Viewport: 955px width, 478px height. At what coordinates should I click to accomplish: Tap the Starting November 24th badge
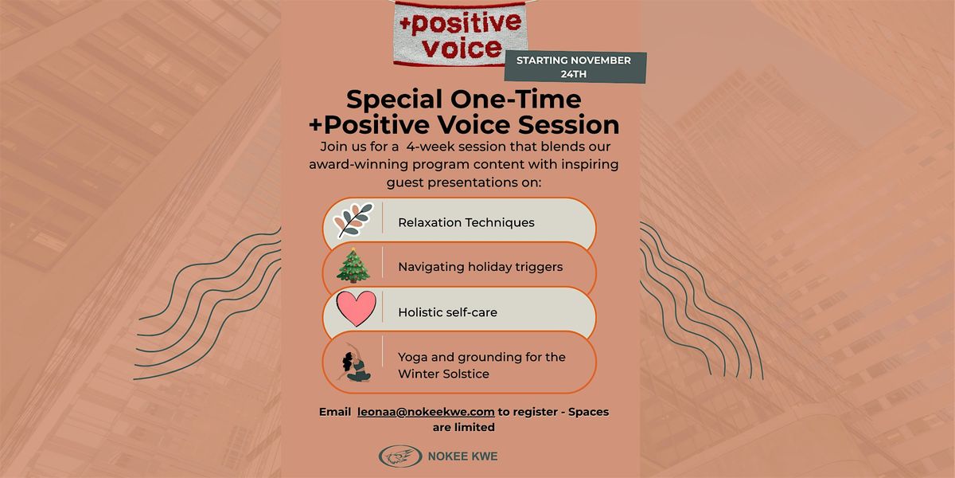click(574, 68)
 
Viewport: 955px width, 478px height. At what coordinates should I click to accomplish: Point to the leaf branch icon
click(353, 221)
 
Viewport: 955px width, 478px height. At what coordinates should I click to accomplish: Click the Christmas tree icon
click(353, 266)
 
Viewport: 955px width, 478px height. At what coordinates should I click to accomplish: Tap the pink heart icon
click(355, 311)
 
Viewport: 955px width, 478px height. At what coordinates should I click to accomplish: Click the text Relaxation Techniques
click(466, 223)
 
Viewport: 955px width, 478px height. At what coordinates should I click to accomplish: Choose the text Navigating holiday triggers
click(481, 268)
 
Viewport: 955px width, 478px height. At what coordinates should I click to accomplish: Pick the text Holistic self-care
click(447, 312)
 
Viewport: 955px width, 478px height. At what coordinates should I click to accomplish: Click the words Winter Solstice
click(443, 374)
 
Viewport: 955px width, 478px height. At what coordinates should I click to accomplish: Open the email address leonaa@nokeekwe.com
click(426, 412)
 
